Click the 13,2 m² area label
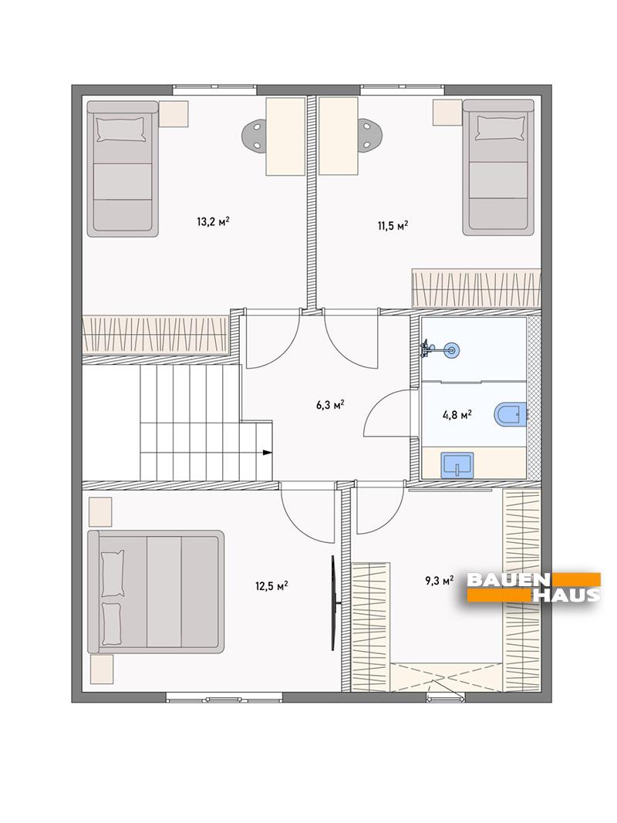click(x=213, y=221)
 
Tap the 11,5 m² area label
click(x=393, y=226)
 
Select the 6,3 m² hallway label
click(x=330, y=405)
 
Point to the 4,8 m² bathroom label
click(x=457, y=415)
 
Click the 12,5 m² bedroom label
click(x=271, y=585)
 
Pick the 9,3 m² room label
click(x=439, y=580)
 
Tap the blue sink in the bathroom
click(x=458, y=464)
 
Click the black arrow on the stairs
click(x=267, y=452)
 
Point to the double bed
click(x=156, y=592)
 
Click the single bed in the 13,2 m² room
click(x=123, y=169)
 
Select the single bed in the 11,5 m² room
click(x=498, y=167)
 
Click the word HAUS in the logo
click(x=567, y=595)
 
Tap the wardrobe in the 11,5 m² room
click(x=477, y=288)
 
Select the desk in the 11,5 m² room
click(x=339, y=136)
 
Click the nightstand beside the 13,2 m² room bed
click(x=173, y=113)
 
